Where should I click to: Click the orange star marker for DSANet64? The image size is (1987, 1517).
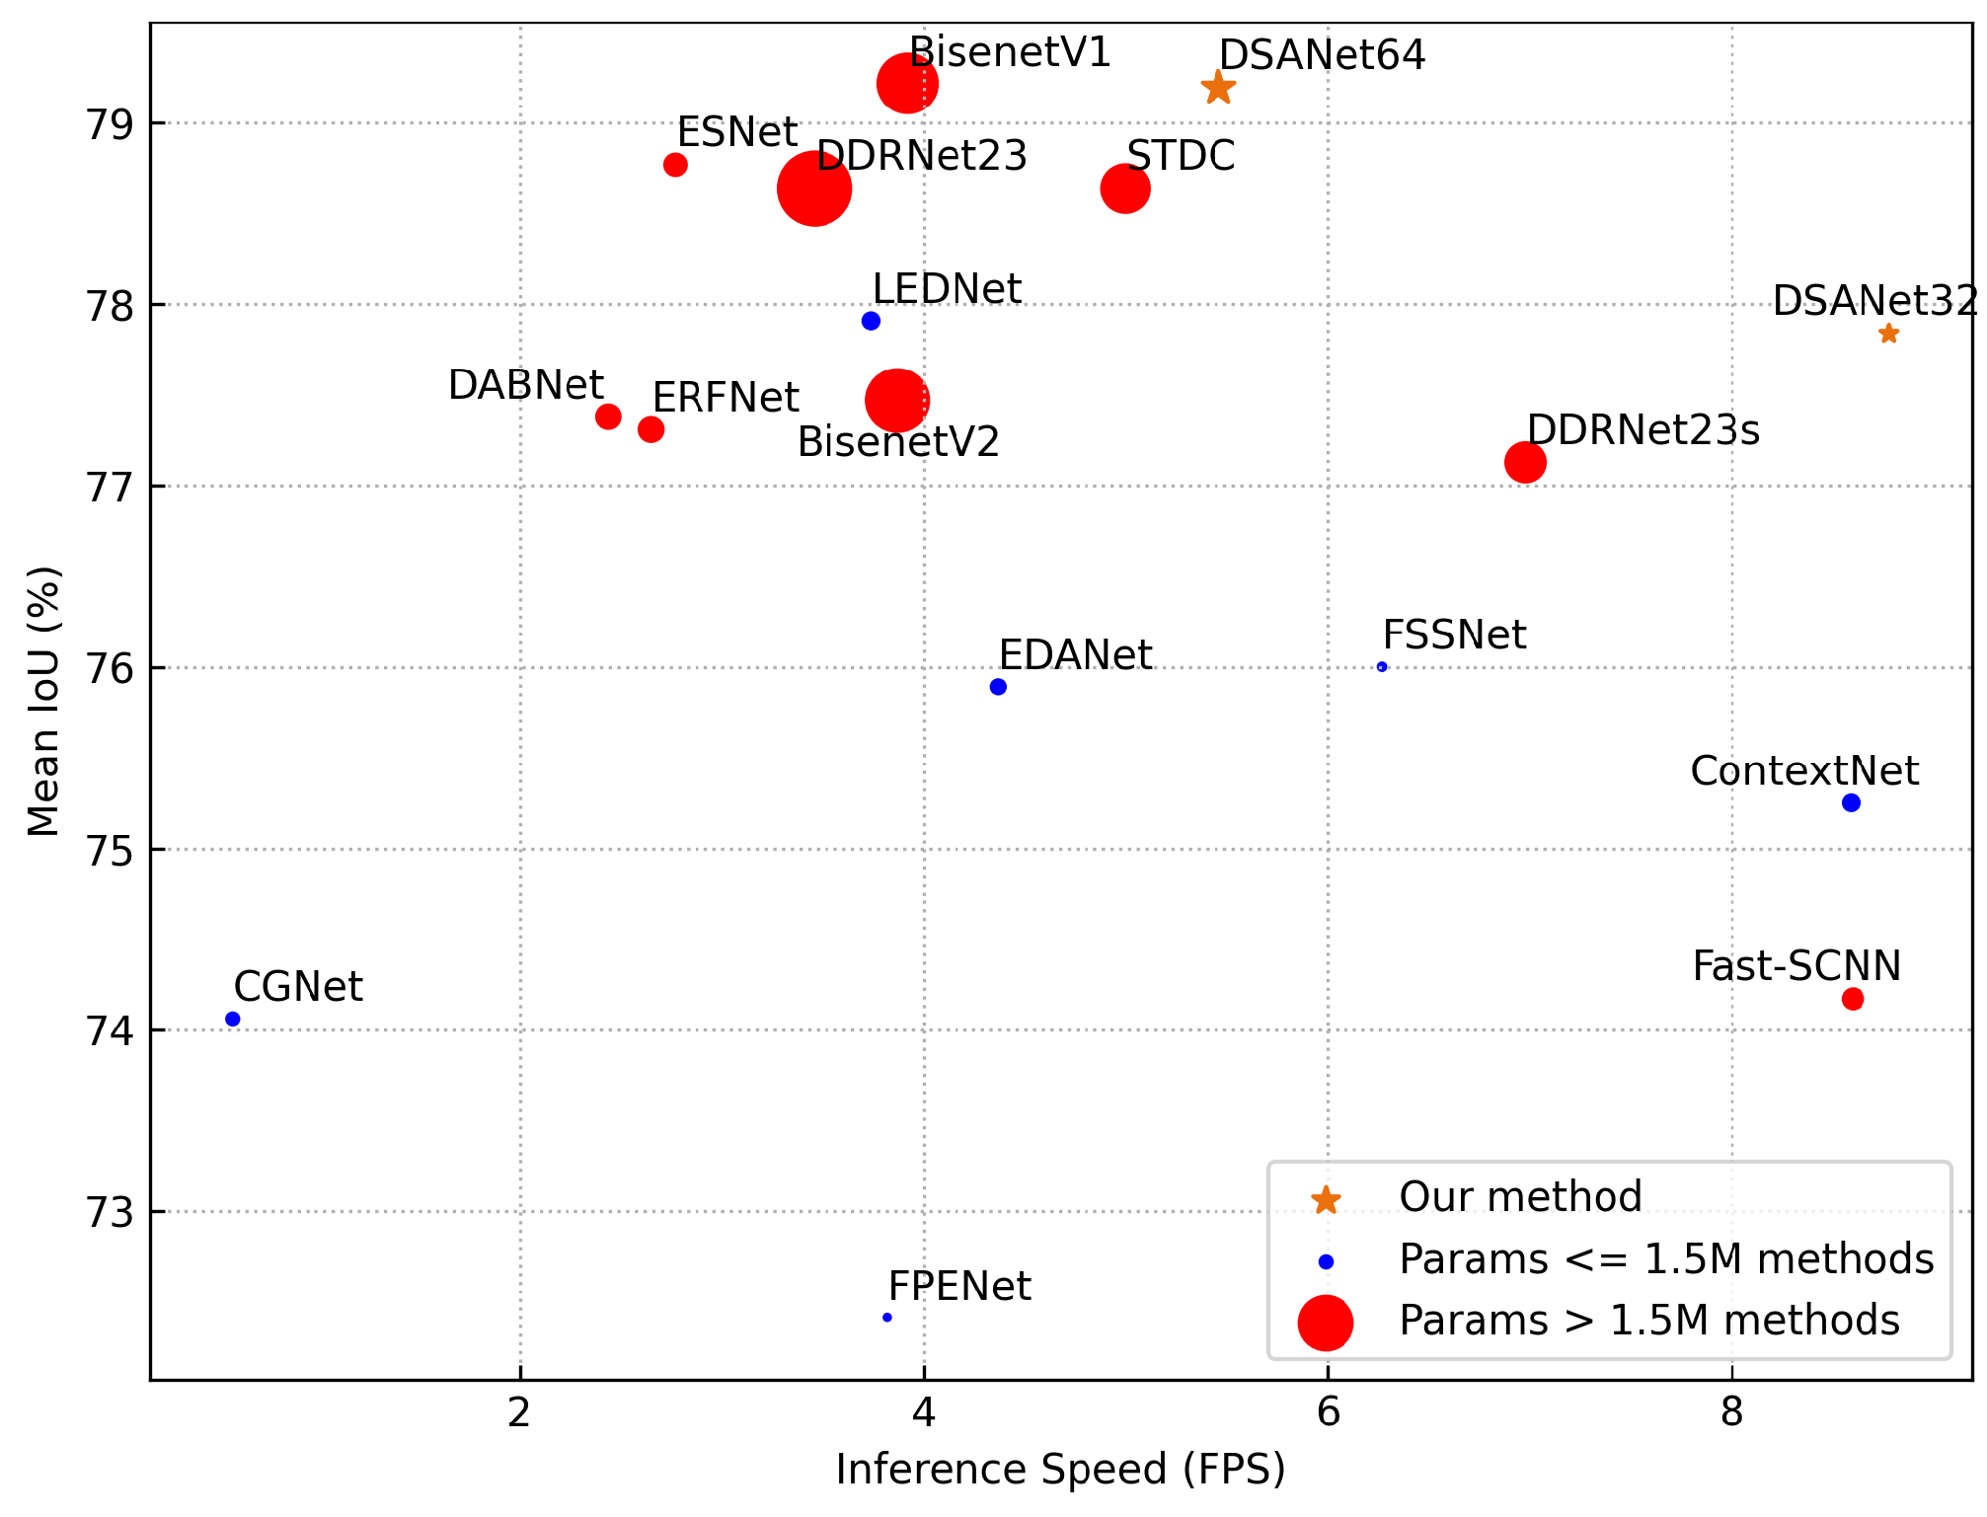[x=1218, y=88]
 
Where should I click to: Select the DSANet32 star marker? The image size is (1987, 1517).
[x=1888, y=334]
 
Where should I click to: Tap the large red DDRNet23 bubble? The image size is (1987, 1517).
[x=814, y=189]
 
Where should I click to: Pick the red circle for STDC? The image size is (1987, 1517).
[x=1125, y=189]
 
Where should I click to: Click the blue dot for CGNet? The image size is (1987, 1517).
[x=233, y=1019]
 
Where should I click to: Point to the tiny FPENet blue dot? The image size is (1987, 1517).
[x=887, y=1317]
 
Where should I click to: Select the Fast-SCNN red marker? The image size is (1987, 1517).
[x=1853, y=999]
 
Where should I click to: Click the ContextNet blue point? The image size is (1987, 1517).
[x=1851, y=802]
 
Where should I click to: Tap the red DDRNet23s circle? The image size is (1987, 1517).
[x=1525, y=462]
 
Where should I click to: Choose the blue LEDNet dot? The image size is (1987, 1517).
[x=871, y=321]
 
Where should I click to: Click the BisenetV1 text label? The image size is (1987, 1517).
[x=1010, y=52]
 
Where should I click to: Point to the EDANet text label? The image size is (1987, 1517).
[x=1075, y=655]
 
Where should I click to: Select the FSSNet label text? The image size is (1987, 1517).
[x=1454, y=635]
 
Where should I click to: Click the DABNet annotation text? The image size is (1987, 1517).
[x=526, y=385]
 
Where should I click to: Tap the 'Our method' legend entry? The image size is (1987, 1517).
[x=1520, y=1197]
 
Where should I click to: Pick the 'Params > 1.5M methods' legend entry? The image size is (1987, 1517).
[x=1648, y=1321]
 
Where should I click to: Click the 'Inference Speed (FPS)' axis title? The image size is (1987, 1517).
[x=1061, y=1470]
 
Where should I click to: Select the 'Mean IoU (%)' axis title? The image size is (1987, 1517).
[x=43, y=701]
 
